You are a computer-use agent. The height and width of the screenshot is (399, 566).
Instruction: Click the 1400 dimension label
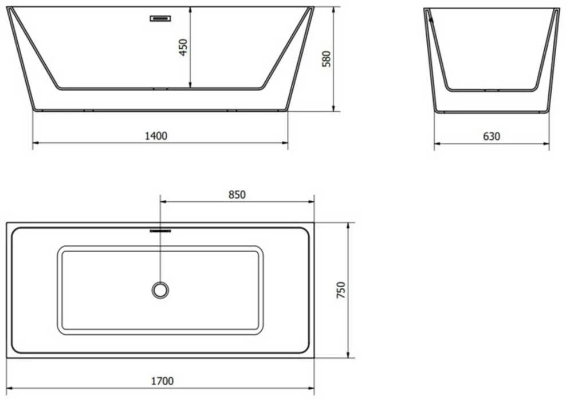pos(156,136)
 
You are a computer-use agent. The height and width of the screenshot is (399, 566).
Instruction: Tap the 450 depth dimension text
pos(183,48)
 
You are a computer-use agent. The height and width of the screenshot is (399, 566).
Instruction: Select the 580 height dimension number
pos(327,59)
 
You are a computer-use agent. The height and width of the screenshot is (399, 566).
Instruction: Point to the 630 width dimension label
pos(492,136)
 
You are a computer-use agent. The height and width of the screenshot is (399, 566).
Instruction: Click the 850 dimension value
pos(237,194)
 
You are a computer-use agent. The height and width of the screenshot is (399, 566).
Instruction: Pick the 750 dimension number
pos(341,290)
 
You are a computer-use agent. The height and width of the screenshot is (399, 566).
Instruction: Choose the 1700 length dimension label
pos(162,381)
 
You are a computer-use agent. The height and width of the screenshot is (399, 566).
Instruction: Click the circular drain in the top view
pos(160,290)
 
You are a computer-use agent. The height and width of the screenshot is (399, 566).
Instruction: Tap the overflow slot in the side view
pos(160,18)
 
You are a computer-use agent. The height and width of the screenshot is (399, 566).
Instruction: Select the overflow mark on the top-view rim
pos(160,230)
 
